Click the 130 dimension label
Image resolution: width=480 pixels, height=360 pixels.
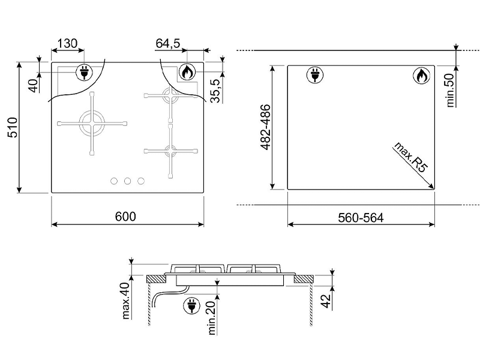pos(67,43)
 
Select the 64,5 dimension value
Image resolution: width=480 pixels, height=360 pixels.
pos(169,43)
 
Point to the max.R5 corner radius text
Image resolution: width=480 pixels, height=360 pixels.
pos(412,158)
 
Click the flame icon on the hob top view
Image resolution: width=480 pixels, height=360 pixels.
pos(187,73)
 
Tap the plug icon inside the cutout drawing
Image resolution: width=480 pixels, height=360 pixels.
pos(314,76)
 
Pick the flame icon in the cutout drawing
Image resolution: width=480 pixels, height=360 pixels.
pos(421,76)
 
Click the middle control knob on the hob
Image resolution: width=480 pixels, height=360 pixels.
pos(127,181)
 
